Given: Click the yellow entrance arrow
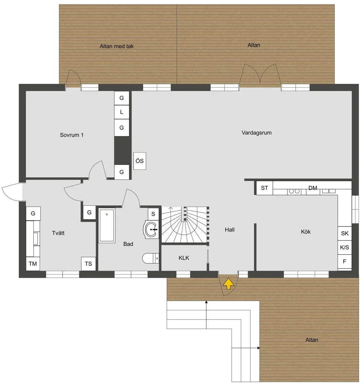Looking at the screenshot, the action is click(x=228, y=284).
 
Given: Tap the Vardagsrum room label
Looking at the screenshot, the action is click(x=256, y=133).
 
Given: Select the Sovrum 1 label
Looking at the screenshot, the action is click(x=71, y=135).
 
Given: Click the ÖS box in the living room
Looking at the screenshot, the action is click(x=139, y=161).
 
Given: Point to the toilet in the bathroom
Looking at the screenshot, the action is click(x=150, y=258).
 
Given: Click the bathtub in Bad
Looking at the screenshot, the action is click(x=107, y=225).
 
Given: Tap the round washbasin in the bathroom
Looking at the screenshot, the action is click(x=151, y=229).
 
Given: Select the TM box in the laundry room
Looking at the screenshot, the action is click(x=33, y=264).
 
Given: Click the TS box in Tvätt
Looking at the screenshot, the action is click(x=88, y=264).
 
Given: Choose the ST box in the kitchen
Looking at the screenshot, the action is click(x=264, y=188).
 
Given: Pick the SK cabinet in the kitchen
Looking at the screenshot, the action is click(x=345, y=233).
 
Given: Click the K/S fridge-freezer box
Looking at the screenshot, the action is click(x=345, y=248).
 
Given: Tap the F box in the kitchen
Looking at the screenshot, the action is click(x=345, y=262).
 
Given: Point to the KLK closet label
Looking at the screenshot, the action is click(x=184, y=258).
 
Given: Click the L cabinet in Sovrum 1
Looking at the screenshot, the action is click(x=121, y=112).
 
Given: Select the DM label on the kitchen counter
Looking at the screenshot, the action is click(x=313, y=188).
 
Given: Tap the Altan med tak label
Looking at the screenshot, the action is click(x=117, y=46).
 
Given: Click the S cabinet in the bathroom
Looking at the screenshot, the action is click(x=153, y=214).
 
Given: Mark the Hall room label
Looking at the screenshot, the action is click(x=230, y=230).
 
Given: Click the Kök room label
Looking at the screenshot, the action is click(x=306, y=232).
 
